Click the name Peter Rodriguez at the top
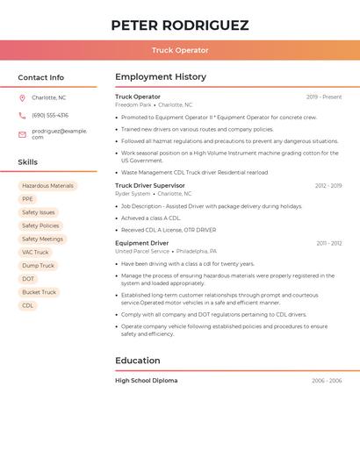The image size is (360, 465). click(180, 25)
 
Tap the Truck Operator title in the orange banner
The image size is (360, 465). click(180, 50)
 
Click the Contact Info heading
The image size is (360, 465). click(41, 77)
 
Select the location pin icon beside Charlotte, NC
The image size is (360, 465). click(22, 97)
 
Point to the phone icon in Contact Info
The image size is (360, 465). click(22, 115)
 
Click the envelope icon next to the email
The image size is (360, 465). click(22, 134)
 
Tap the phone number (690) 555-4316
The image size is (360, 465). click(50, 115)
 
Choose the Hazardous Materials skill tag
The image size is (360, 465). click(47, 186)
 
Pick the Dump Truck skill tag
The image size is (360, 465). click(38, 266)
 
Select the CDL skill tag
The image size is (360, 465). click(27, 305)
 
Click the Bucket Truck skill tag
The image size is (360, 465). click(39, 292)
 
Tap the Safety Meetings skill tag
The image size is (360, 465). click(42, 239)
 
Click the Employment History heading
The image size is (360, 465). click(161, 77)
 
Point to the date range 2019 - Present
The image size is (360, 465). click(324, 97)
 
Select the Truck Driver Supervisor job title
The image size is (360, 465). click(150, 185)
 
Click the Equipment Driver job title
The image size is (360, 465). click(142, 243)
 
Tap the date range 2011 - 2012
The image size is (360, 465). click(329, 243)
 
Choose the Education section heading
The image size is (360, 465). click(138, 361)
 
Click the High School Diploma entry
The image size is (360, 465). click(146, 381)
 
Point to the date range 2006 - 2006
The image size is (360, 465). click(327, 381)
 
